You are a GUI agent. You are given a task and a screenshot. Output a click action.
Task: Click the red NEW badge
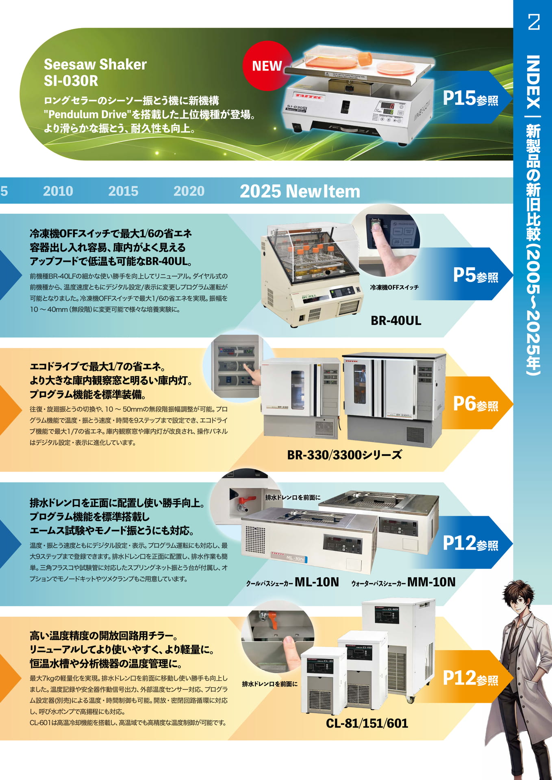click(267, 65)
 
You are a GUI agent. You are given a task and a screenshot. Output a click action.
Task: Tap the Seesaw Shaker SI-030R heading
click(95, 72)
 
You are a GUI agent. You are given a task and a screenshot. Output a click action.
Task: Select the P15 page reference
click(470, 98)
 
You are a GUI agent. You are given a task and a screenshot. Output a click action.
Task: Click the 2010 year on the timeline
click(58, 191)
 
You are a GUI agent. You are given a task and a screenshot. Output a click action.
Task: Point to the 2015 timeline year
click(123, 191)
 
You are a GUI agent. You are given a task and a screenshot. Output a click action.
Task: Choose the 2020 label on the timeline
click(189, 191)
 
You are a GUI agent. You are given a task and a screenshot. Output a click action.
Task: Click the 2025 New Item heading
click(300, 191)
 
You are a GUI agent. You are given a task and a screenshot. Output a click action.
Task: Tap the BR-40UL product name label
click(396, 321)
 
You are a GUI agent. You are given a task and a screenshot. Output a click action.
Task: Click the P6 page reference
click(476, 404)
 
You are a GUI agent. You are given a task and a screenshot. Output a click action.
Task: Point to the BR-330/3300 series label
click(345, 455)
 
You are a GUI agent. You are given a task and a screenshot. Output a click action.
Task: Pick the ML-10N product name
click(317, 582)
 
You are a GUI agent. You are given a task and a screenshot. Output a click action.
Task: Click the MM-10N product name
click(431, 582)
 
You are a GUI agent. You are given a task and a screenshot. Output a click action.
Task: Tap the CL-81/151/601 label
click(367, 723)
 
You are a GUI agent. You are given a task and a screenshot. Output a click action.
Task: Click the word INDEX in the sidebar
click(533, 82)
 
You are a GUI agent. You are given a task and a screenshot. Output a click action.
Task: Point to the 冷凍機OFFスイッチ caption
click(394, 287)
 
